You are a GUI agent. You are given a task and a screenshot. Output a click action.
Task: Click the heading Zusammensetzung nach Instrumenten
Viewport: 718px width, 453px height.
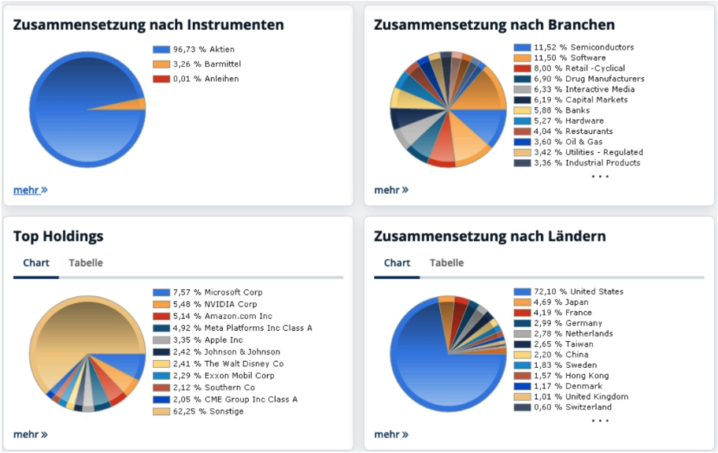point(148,25)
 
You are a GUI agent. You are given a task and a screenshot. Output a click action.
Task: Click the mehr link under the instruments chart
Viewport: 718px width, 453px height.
point(30,190)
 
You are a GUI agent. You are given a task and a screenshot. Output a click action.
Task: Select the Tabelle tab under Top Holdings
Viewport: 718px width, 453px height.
point(86,263)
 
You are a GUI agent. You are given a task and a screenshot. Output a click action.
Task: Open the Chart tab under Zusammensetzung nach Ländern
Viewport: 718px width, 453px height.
point(397,263)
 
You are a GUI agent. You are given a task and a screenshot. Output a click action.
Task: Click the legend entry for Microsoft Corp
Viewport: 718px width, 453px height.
point(217,292)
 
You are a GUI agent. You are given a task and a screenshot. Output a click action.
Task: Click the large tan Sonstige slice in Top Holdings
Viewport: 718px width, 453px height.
point(87,331)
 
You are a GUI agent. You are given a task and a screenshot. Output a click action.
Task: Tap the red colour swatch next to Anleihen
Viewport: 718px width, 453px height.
point(161,79)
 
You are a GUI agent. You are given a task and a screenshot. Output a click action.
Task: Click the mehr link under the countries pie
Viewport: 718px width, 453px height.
point(390,434)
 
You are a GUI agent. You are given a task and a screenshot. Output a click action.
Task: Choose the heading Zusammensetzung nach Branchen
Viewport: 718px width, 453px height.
point(494,25)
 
